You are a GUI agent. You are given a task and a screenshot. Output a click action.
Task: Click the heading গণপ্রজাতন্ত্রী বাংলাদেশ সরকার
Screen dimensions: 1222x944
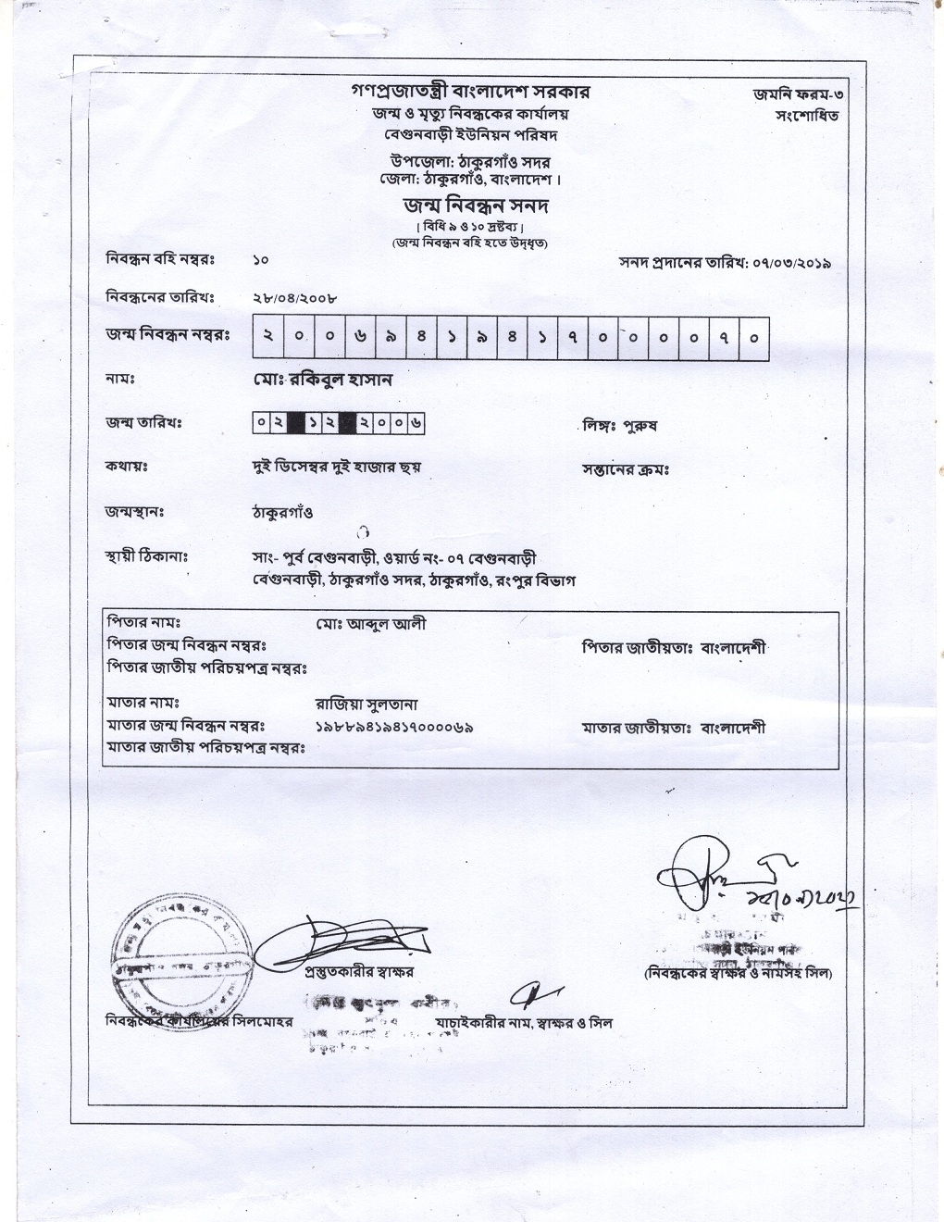point(470,92)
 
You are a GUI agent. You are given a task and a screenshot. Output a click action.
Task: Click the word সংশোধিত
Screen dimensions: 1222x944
point(807,117)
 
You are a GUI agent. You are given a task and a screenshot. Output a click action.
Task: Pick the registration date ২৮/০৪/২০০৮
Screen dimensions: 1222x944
point(294,299)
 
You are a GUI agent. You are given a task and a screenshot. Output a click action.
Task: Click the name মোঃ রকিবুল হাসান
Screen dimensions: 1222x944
point(323,380)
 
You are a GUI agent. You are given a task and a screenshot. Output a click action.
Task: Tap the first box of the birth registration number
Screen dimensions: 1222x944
point(267,338)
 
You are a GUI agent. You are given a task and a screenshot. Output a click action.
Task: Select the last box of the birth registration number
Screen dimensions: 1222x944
point(754,338)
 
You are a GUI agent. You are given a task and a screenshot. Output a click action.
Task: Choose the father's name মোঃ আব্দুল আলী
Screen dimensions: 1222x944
point(370,624)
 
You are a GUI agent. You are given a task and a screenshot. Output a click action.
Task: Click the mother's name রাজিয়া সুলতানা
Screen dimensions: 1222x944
point(367,705)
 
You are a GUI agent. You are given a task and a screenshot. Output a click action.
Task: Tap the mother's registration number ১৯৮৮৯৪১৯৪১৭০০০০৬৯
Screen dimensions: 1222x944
point(394,728)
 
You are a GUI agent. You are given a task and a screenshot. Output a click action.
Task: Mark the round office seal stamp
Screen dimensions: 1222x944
point(180,954)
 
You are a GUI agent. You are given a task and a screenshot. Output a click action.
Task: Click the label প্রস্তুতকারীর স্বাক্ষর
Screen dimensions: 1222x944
point(359,971)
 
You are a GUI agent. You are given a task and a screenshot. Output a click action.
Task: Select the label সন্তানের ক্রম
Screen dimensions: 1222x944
point(626,469)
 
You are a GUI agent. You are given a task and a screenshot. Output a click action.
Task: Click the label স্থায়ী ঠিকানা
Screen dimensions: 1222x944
point(147,558)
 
